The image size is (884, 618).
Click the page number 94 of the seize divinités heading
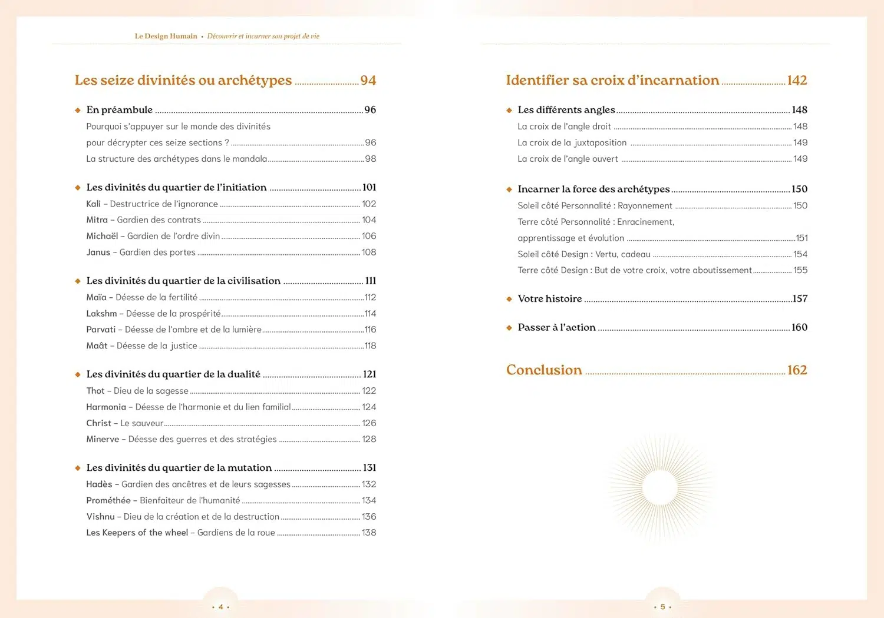click(x=368, y=80)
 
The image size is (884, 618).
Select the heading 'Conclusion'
click(x=544, y=370)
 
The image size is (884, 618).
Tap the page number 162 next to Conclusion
click(x=797, y=370)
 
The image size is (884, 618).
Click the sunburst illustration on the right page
click(x=659, y=487)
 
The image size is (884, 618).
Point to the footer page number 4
click(x=220, y=607)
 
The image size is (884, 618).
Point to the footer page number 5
click(x=662, y=607)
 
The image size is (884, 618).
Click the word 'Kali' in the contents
click(x=93, y=204)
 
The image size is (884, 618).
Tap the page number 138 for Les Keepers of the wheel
click(x=369, y=533)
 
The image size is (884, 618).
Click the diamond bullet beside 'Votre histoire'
click(x=509, y=299)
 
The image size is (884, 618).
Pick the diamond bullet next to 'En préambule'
click(x=78, y=110)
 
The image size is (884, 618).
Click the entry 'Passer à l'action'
click(x=556, y=327)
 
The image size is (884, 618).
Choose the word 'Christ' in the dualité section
click(x=98, y=423)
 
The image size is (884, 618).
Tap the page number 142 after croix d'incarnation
click(x=797, y=80)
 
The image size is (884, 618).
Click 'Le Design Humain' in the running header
click(x=166, y=36)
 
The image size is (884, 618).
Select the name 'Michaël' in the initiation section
click(x=102, y=236)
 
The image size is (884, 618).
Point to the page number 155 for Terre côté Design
click(x=800, y=270)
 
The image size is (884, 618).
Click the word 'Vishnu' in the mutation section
click(x=100, y=517)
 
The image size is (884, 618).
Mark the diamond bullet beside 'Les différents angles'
click(x=509, y=110)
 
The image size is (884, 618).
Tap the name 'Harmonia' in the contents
click(x=106, y=407)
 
